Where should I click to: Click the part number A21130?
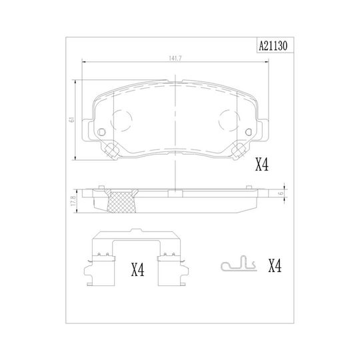point(273,46)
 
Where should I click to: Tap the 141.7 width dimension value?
point(175,59)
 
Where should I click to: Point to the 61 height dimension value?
point(72,119)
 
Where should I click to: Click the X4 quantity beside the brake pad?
point(262,165)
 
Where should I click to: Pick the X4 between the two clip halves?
point(138,269)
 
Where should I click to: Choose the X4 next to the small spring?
point(275,266)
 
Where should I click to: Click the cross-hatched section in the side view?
point(121,201)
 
